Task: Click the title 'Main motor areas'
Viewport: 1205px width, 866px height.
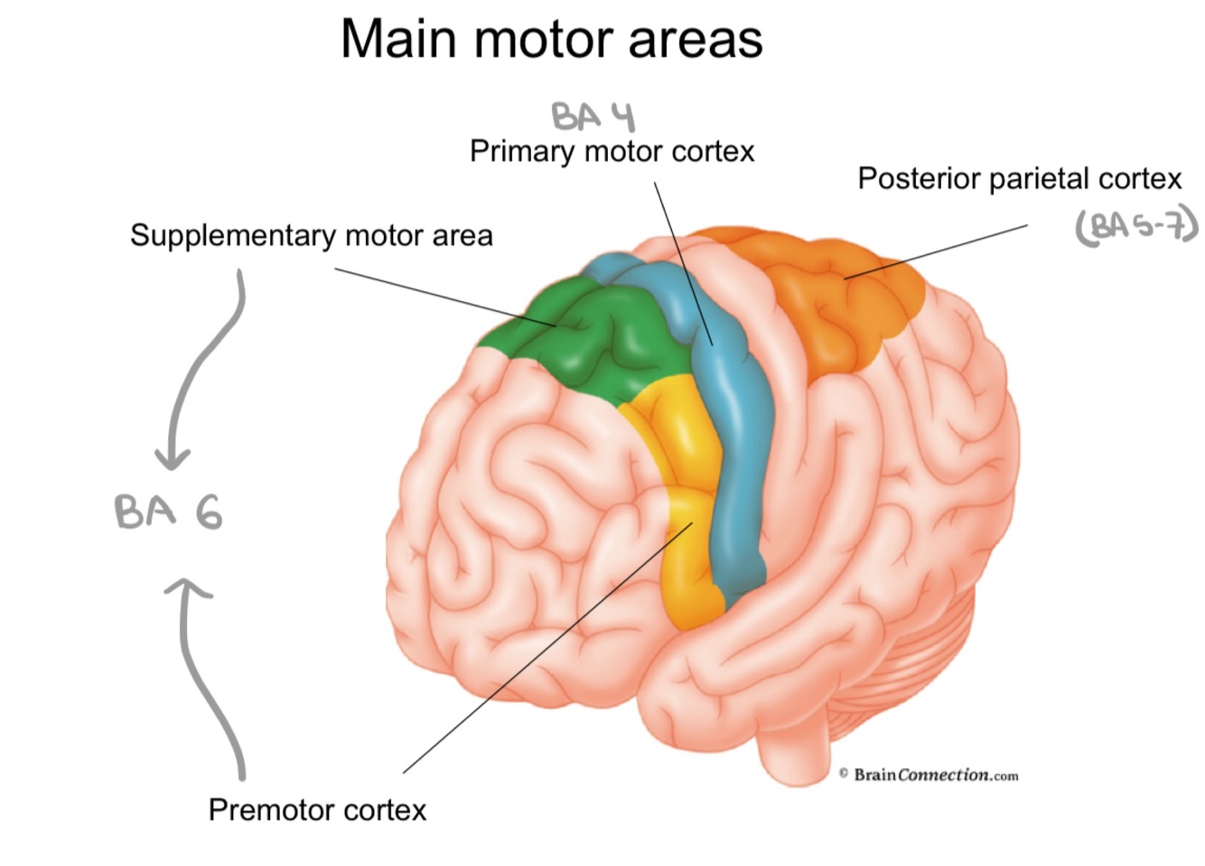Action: (x=551, y=39)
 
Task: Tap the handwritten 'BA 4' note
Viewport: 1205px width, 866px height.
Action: (x=593, y=117)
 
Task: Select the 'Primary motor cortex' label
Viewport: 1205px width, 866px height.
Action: (x=612, y=151)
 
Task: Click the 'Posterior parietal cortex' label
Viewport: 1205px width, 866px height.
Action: (x=1019, y=179)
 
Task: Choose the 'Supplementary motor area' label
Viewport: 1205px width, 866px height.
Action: (x=311, y=236)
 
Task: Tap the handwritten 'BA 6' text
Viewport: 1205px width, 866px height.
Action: (x=168, y=512)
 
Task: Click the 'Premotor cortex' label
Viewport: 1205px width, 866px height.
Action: (x=317, y=809)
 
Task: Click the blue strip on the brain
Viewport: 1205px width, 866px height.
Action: (x=736, y=470)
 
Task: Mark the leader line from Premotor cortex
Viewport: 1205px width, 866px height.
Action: (x=542, y=651)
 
